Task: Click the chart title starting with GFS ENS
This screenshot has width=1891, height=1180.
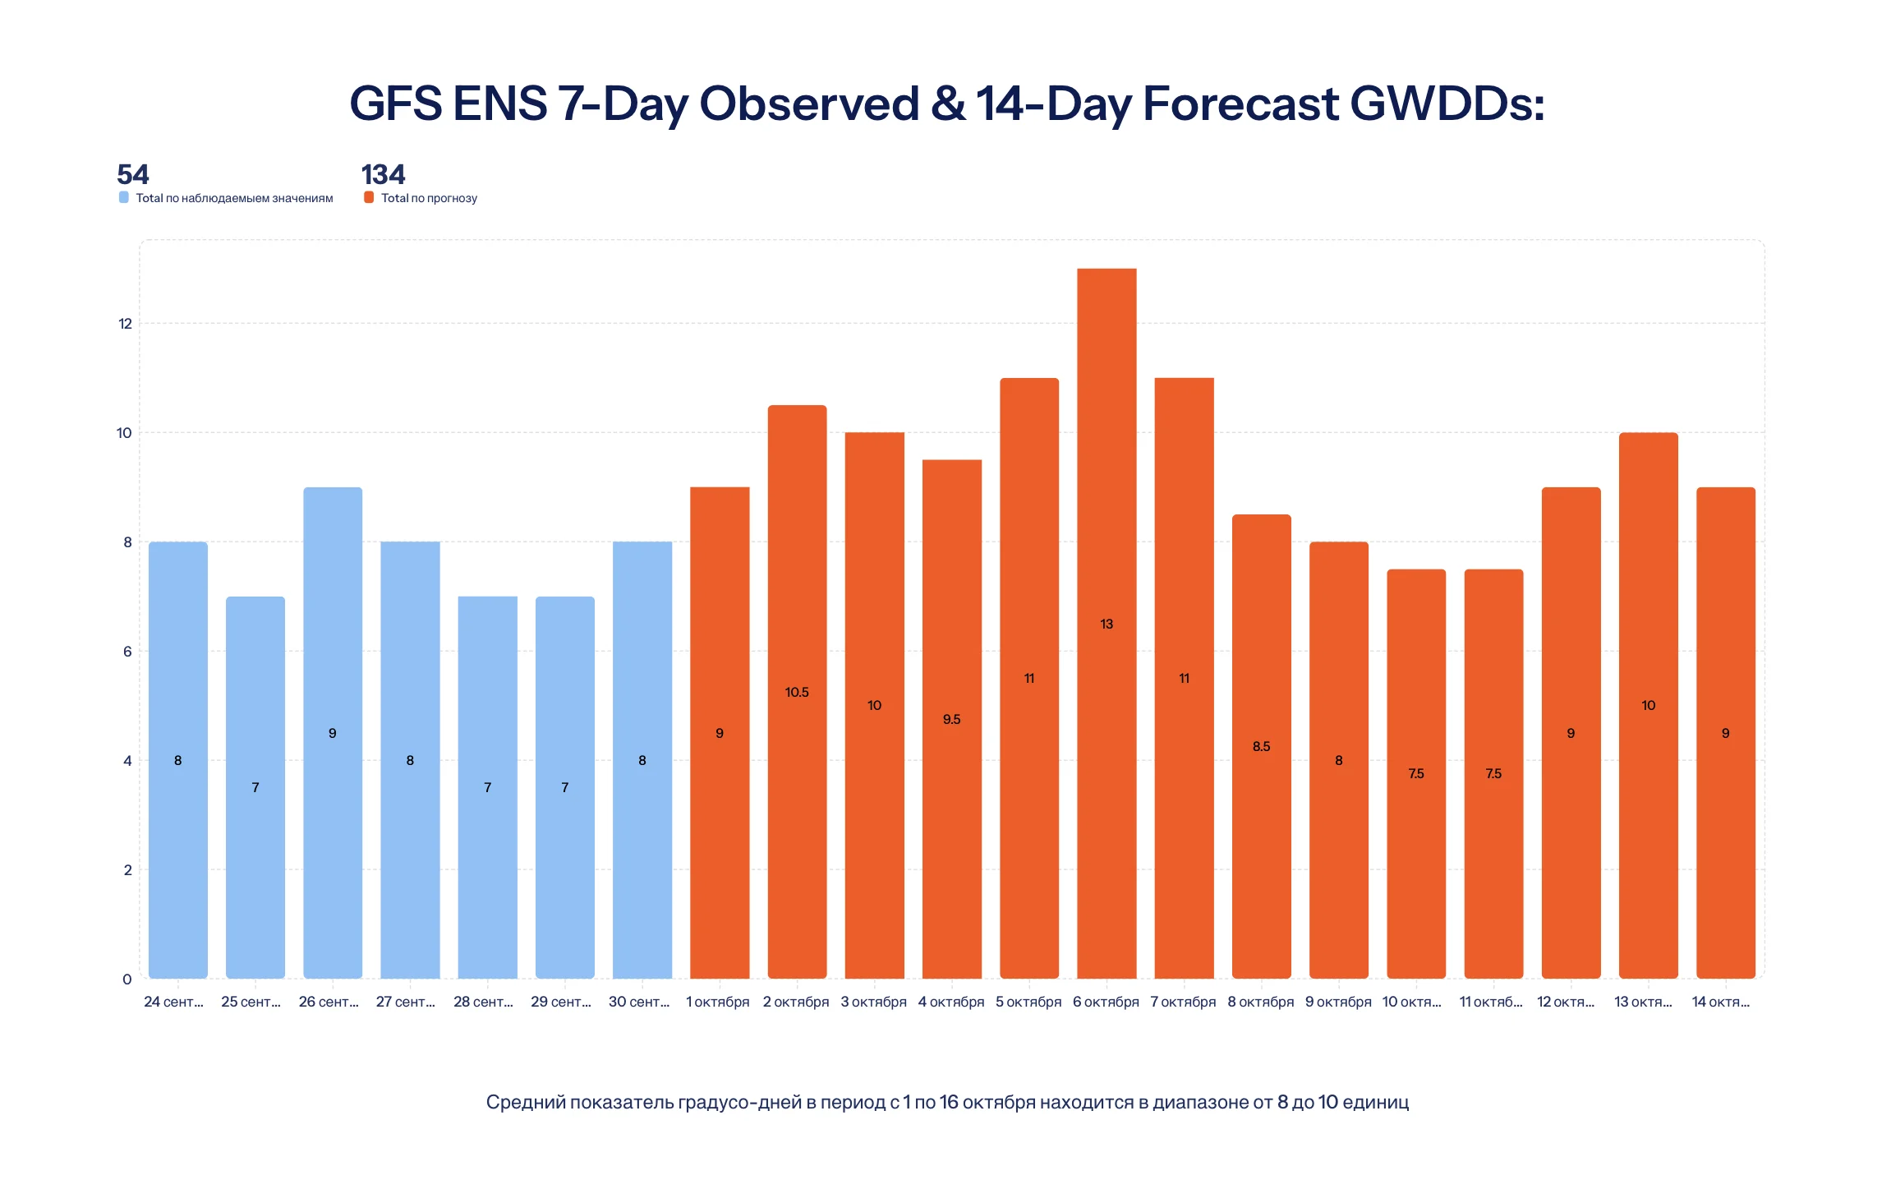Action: click(946, 104)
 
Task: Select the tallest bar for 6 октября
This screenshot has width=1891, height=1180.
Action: click(1107, 623)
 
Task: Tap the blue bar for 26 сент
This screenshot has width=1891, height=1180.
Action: click(333, 732)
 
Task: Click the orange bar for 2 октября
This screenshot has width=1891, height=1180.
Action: click(797, 691)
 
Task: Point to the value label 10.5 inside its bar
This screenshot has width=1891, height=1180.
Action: click(797, 692)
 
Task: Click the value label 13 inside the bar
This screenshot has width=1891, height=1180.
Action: click(1107, 624)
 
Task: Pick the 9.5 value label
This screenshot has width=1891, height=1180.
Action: click(951, 719)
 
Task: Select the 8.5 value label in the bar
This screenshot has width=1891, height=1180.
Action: click(1261, 746)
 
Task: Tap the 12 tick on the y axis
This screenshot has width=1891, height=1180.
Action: click(125, 324)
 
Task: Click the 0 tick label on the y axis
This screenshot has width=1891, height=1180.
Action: click(127, 979)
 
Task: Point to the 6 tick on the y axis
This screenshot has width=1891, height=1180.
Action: click(127, 652)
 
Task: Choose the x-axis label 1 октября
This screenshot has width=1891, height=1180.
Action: click(718, 1002)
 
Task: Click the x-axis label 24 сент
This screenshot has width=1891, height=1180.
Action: click(173, 1002)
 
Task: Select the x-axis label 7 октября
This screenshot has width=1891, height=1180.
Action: click(1183, 1002)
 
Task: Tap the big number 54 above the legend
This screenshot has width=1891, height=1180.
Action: click(133, 174)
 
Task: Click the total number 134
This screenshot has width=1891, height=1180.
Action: click(384, 174)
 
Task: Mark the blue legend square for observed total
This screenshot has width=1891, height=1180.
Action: click(124, 197)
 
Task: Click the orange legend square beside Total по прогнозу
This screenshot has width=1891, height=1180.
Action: click(369, 197)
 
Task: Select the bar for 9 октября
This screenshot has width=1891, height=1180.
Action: click(1339, 760)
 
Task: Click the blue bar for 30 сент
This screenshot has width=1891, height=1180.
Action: click(642, 760)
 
